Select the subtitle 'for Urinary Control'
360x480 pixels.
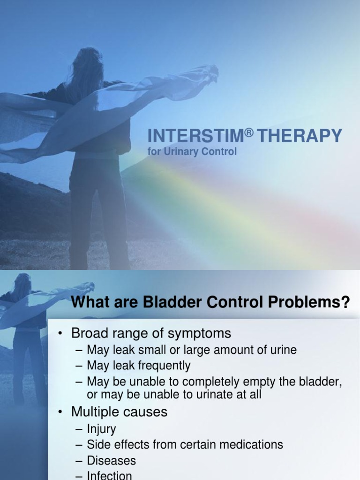[x=192, y=152]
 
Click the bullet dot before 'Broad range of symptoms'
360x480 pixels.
[x=60, y=334]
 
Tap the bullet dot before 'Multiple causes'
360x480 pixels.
[x=60, y=412]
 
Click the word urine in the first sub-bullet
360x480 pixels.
[x=282, y=350]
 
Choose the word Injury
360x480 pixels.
[x=101, y=429]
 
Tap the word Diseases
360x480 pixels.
[x=112, y=460]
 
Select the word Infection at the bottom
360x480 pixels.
[x=110, y=475]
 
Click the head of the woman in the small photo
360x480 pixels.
[x=22, y=285]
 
